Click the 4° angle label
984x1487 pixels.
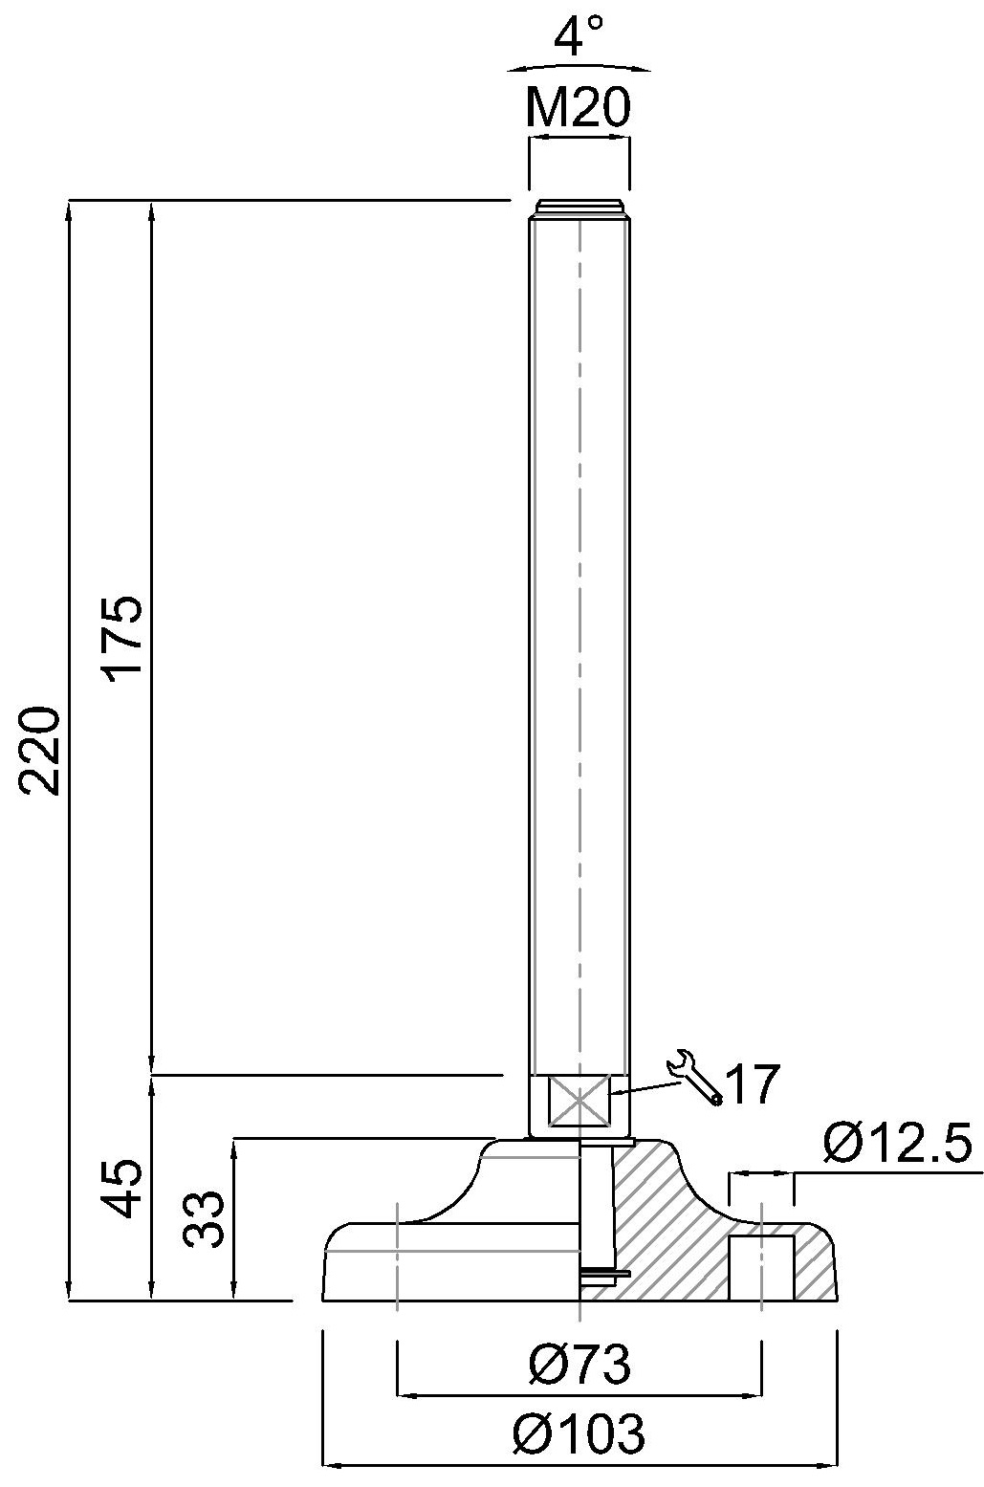[579, 39]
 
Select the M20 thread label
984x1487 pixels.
[579, 109]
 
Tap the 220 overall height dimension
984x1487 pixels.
[44, 751]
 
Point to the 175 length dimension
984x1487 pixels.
[124, 637]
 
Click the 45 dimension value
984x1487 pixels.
[124, 1189]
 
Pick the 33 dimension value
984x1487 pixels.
[205, 1218]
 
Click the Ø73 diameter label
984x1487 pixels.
[579, 1366]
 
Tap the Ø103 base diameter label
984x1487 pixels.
[579, 1433]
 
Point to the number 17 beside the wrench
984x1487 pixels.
[752, 1084]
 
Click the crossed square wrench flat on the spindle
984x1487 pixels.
[579, 1101]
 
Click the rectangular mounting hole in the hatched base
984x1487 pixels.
[761, 1266]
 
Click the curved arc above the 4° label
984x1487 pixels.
[579, 67]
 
